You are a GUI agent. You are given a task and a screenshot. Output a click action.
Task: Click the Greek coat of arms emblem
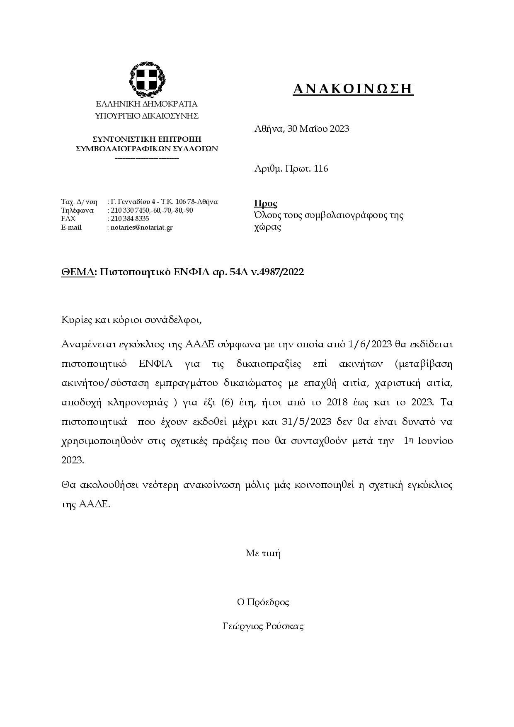(147, 79)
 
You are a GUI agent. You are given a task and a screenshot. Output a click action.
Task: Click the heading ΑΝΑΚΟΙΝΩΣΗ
(353, 89)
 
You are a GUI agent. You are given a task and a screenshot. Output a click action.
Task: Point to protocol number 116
(321, 169)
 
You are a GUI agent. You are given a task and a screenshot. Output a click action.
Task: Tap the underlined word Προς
(265, 204)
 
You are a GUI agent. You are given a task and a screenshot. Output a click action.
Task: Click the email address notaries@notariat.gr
(141, 228)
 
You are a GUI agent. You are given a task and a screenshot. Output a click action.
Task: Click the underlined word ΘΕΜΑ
(78, 272)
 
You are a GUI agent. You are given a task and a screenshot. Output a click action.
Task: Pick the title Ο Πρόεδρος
(263, 602)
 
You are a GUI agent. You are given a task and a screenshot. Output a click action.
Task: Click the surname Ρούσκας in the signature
(286, 626)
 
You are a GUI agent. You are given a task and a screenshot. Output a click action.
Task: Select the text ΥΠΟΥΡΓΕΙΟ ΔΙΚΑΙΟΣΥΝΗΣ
(147, 116)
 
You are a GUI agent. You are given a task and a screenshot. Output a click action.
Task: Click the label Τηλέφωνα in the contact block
(78, 211)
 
